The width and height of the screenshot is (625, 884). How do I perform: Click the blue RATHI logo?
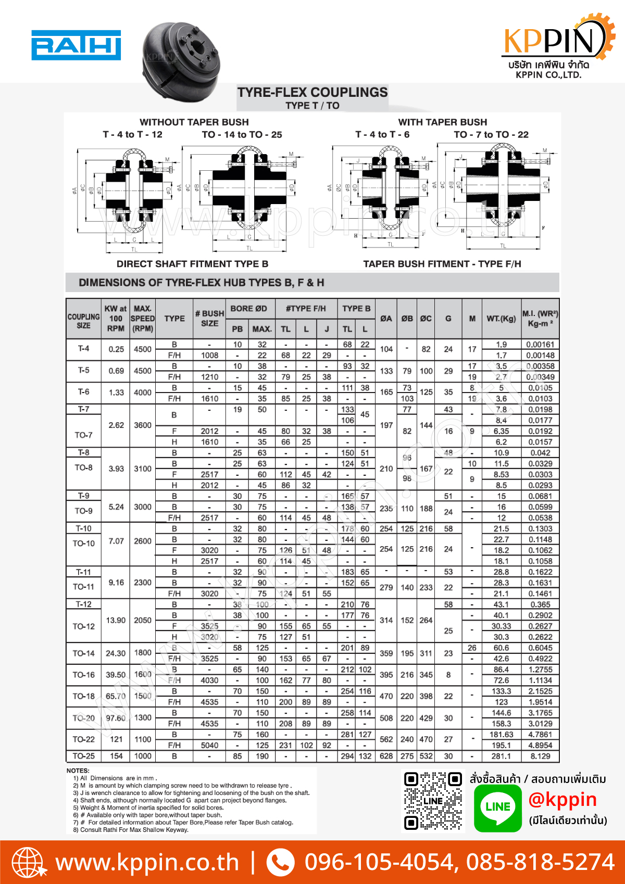pyautogui.click(x=76, y=45)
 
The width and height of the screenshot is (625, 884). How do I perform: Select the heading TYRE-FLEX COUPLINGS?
pyautogui.click(x=312, y=93)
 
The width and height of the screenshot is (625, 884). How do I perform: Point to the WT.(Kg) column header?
pyautogui.click(x=501, y=318)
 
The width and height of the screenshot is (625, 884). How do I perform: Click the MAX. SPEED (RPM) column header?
pyautogui.click(x=143, y=318)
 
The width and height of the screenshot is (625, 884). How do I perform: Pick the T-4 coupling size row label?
pyautogui.click(x=83, y=348)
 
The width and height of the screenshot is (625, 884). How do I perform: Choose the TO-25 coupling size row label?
pyautogui.click(x=83, y=756)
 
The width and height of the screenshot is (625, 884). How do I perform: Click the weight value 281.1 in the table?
pyautogui.click(x=501, y=756)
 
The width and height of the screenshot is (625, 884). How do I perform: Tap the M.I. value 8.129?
pyautogui.click(x=540, y=756)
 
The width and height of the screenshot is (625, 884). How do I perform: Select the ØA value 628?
pyautogui.click(x=386, y=756)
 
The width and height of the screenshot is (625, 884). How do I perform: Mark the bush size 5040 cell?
pyautogui.click(x=209, y=745)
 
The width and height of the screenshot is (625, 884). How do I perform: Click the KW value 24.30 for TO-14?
pyautogui.click(x=116, y=653)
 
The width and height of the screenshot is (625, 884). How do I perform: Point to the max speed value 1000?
pyautogui.click(x=143, y=756)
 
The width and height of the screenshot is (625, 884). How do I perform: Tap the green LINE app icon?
pyautogui.click(x=497, y=807)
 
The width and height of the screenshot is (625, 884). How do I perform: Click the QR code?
pyautogui.click(x=433, y=801)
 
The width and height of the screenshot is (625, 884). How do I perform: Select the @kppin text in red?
pyautogui.click(x=562, y=800)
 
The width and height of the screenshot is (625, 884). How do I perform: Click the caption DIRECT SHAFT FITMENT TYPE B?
pyautogui.click(x=192, y=264)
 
